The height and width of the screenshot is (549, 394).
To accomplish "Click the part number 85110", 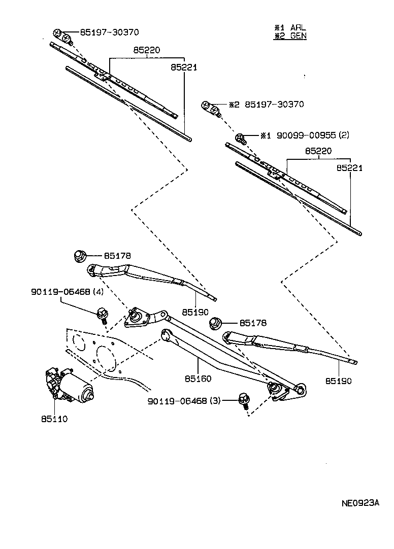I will tap(55, 419).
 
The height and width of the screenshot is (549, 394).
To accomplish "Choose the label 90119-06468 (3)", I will tap(184, 401).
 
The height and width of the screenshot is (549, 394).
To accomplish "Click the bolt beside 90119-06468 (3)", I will tap(244, 401).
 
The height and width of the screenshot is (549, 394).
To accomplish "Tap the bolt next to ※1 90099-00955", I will tap(241, 138).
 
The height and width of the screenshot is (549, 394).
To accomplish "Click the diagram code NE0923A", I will tap(359, 503).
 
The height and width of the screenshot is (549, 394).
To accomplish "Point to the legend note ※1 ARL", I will tap(290, 28).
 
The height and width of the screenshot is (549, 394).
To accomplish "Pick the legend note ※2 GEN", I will tap(290, 36).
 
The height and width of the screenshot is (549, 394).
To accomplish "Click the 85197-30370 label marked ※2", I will tap(274, 105).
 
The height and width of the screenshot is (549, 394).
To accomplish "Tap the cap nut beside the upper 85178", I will tap(80, 256).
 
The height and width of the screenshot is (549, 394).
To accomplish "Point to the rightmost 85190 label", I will tap(338, 381).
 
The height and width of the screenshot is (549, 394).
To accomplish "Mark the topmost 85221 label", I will tap(184, 67).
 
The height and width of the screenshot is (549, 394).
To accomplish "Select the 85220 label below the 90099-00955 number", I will tap(318, 151).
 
